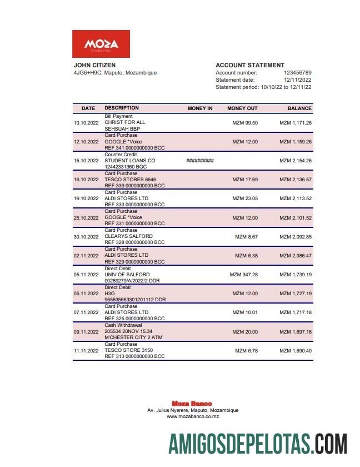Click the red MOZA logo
pos(101,44)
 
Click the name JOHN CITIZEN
pos(94,65)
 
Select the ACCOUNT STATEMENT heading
pos(249,65)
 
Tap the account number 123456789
pos(297,73)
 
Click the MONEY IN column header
pos(200,108)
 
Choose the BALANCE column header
pos(299,108)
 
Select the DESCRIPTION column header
pos(122,108)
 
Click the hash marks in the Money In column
pos(200,161)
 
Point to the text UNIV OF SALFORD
pos(127,275)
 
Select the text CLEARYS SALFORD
pos(128,236)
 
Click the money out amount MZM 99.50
pos(244,122)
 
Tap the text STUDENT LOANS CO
pos(129,161)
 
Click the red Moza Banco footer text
pos(192,404)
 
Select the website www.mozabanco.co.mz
pos(192,416)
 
